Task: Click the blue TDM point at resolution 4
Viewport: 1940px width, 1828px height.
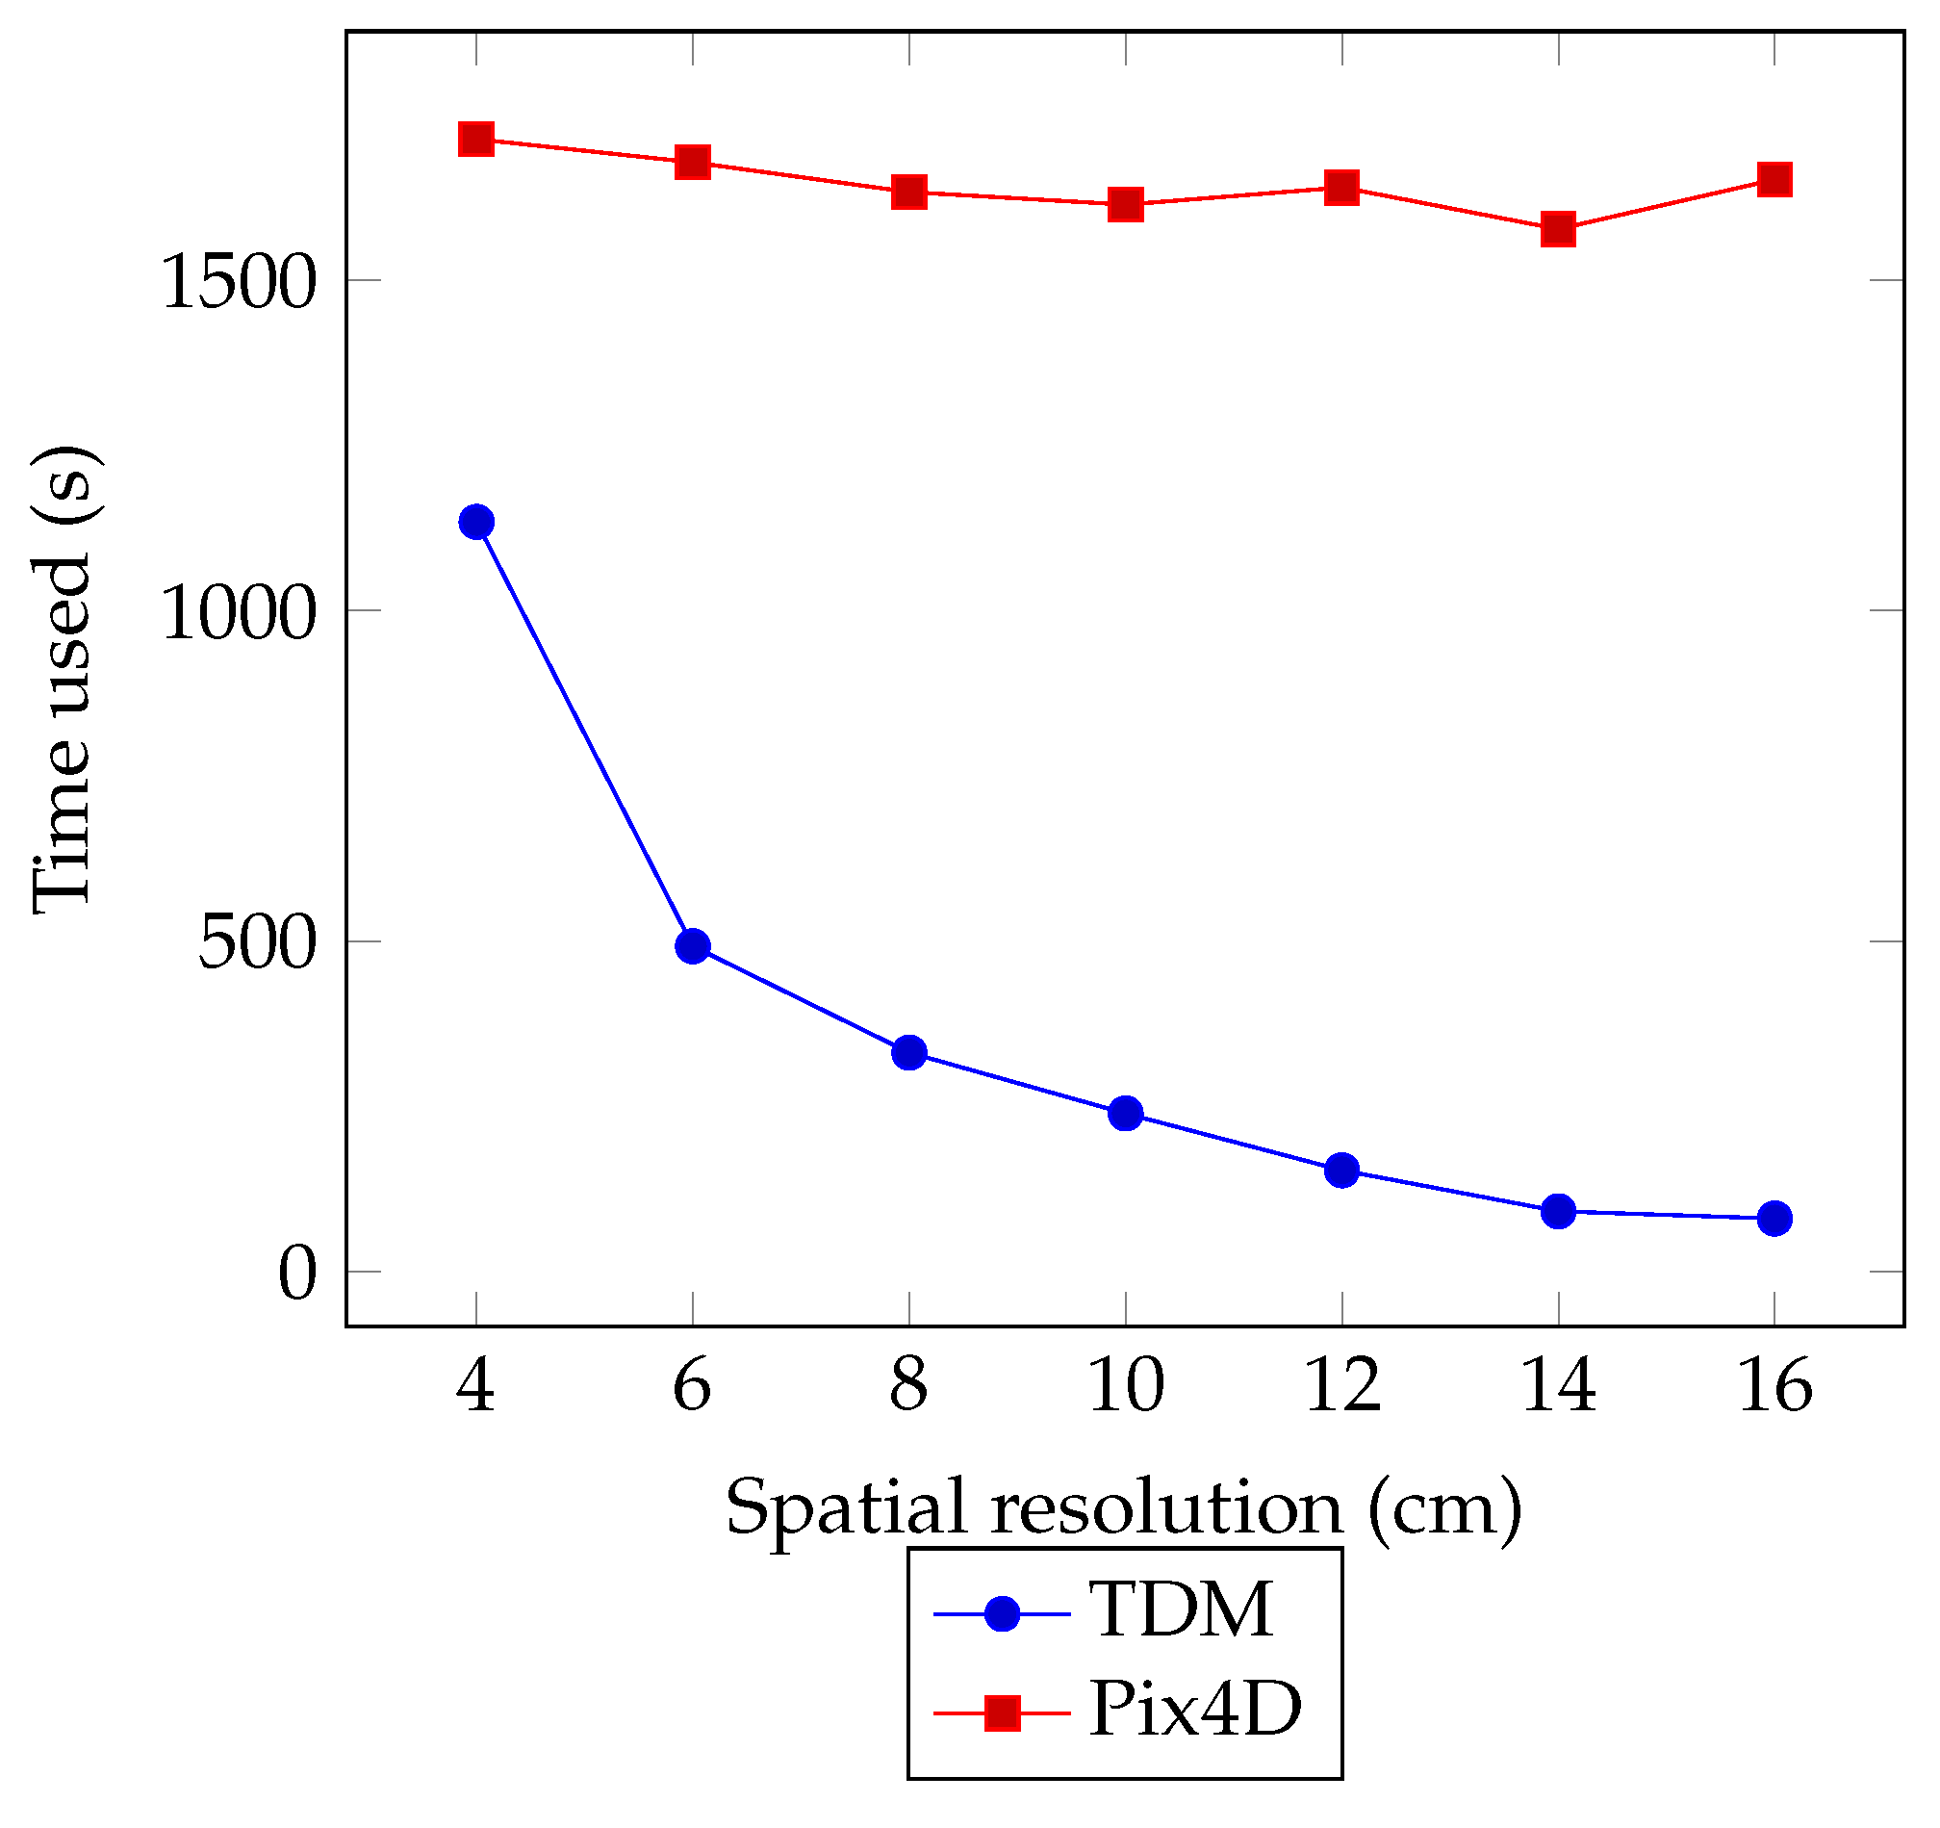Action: tap(476, 523)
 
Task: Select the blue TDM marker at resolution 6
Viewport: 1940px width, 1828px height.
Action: tap(693, 946)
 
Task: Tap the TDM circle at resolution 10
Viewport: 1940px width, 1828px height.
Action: tap(1126, 1114)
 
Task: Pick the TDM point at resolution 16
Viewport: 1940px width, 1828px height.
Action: tap(1775, 1219)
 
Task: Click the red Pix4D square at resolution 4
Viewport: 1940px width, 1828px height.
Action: tap(476, 140)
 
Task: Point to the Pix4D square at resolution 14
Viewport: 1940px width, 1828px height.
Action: tap(1558, 230)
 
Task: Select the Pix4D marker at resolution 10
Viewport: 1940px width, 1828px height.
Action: tap(1126, 205)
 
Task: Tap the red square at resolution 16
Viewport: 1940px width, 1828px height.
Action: tap(1775, 180)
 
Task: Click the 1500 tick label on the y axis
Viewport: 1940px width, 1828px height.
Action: tap(239, 283)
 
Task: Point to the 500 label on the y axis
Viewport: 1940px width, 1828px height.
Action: tap(258, 943)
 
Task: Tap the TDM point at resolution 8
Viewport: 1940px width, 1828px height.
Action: tap(909, 1053)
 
